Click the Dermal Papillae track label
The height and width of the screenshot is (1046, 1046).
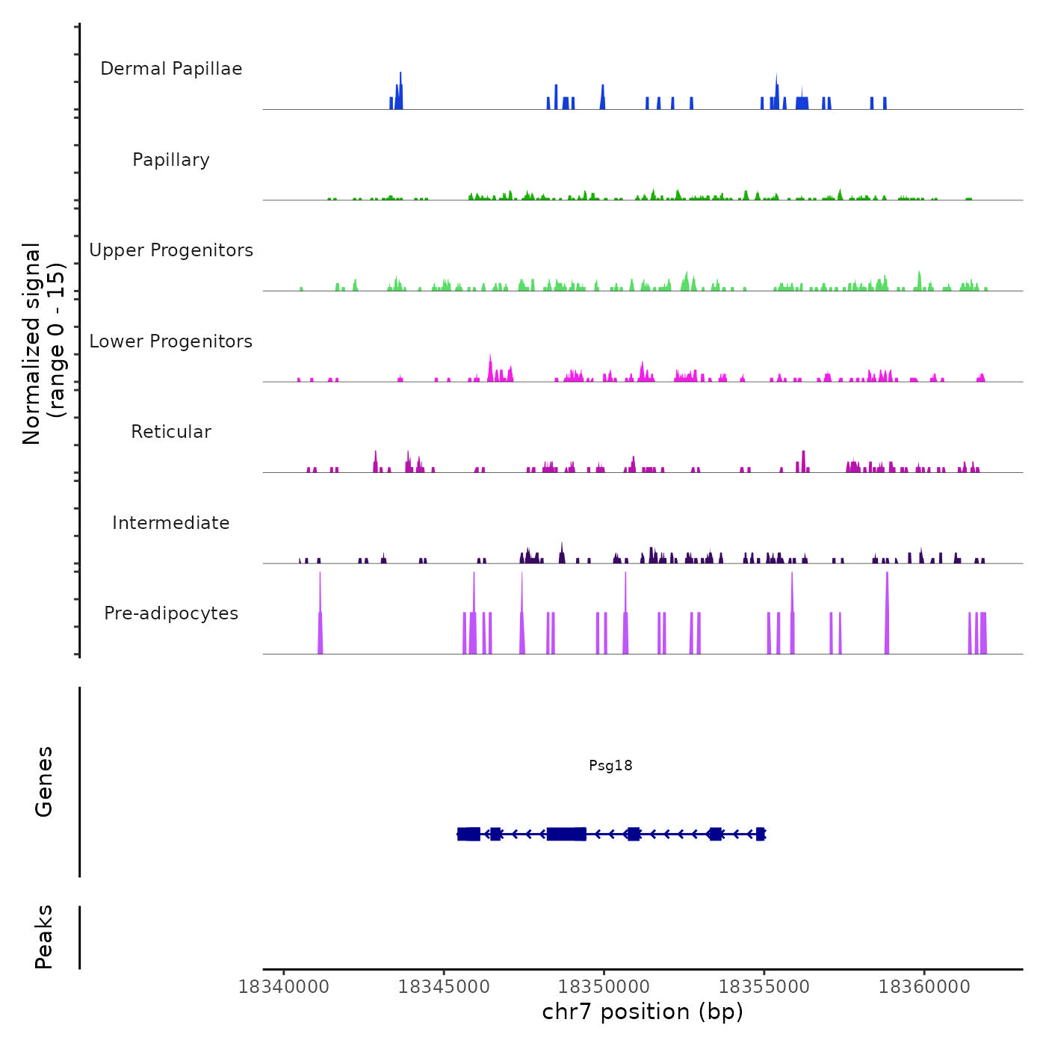tap(171, 69)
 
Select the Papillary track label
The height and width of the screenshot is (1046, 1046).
tap(171, 160)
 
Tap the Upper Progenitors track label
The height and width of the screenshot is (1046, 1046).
tap(171, 250)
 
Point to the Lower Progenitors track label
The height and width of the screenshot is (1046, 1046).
tap(171, 341)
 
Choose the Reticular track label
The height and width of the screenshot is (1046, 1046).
tap(171, 432)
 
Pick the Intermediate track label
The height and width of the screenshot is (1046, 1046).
tap(171, 523)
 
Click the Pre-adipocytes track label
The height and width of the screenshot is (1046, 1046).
tap(171, 613)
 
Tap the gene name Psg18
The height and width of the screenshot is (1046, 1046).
tap(610, 765)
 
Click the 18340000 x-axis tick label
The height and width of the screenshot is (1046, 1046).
tap(284, 987)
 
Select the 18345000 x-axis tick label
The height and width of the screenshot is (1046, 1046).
tap(444, 987)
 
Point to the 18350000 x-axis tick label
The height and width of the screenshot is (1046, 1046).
tap(604, 987)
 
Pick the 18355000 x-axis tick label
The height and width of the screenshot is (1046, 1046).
tap(764, 987)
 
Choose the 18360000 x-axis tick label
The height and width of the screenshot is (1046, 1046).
tap(924, 987)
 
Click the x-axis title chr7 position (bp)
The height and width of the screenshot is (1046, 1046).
tap(643, 1012)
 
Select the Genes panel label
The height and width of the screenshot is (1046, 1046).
tap(44, 782)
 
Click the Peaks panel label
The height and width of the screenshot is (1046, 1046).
tap(44, 937)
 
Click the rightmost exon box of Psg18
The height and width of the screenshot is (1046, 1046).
tap(761, 834)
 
